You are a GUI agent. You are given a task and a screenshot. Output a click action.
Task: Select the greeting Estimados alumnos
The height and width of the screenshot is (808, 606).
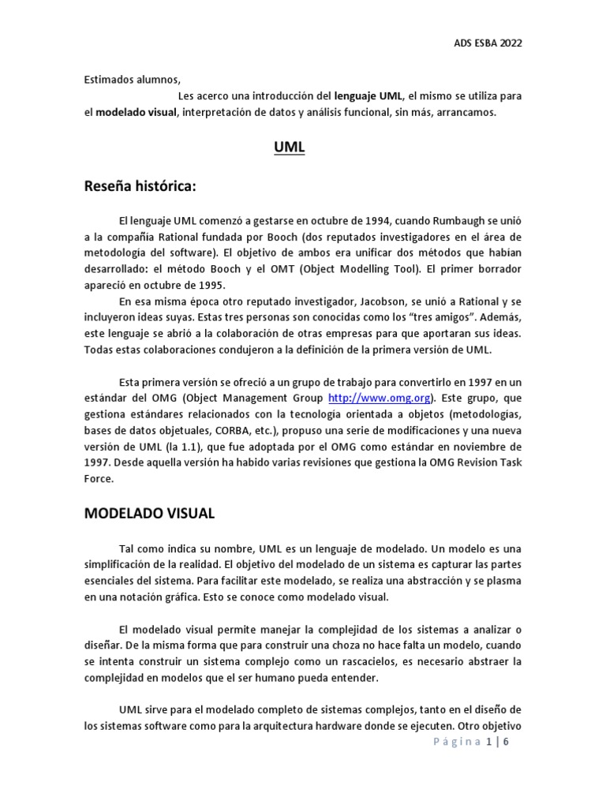(x=133, y=79)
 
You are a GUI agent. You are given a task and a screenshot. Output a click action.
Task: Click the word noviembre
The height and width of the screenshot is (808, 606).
(x=484, y=447)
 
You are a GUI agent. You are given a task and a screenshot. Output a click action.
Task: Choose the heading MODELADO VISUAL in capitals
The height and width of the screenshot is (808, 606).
(x=149, y=514)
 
